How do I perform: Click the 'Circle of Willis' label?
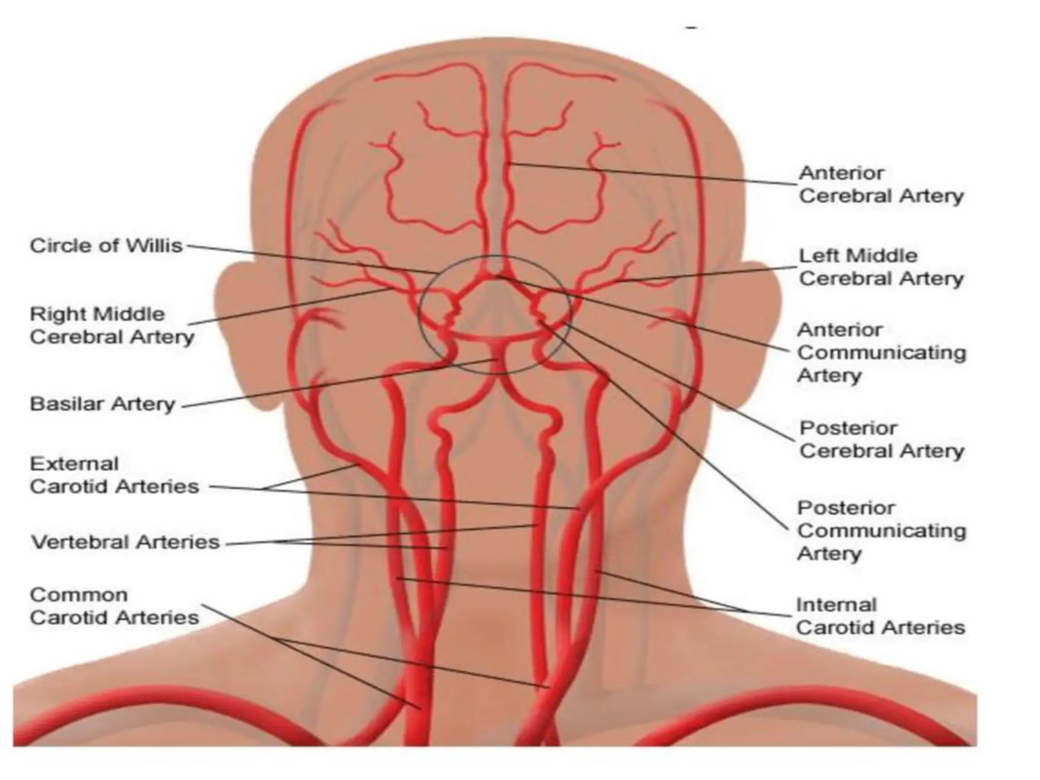point(106,246)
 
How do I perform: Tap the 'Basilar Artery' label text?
point(103,404)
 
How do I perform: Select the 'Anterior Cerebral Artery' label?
point(881,184)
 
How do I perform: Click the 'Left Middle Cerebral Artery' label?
point(881,267)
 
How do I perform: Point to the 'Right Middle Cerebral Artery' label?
point(112,326)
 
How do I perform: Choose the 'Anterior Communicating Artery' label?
point(881,353)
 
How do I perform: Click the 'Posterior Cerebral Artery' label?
point(881,439)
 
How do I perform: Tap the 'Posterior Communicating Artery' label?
point(881,530)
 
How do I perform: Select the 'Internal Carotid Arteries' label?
point(880,616)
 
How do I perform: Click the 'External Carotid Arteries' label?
point(114,475)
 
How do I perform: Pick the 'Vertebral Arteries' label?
point(125,542)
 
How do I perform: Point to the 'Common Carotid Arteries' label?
point(114,606)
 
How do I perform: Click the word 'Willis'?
point(154,246)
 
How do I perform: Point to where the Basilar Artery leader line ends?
point(497,360)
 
